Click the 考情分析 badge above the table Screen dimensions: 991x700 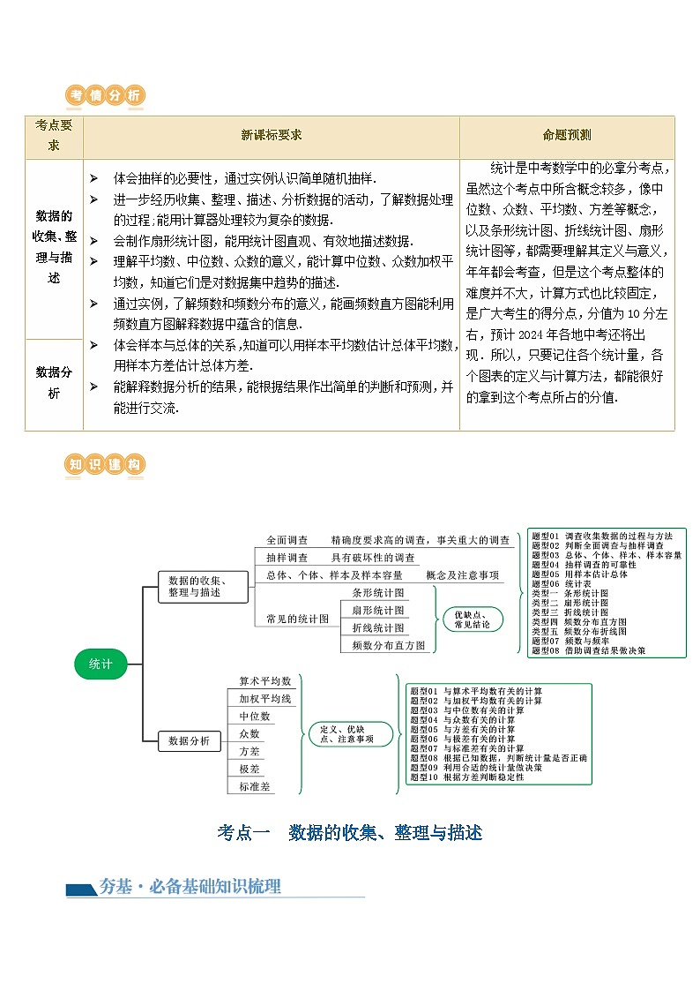tap(106, 96)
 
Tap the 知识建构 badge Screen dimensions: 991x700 tap(106, 465)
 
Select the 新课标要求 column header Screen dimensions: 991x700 tap(271, 136)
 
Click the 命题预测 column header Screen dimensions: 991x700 tap(567, 136)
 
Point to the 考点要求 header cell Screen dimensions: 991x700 tap(54, 136)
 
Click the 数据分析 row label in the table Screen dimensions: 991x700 tap(54, 383)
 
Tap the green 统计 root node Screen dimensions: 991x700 tap(101, 664)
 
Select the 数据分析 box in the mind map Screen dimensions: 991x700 tap(189, 741)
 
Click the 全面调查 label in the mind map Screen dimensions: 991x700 tap(287, 540)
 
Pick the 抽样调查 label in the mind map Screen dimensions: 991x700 tap(287, 558)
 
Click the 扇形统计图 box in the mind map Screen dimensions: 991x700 tap(378, 610)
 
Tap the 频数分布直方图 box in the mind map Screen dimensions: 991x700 tap(389, 645)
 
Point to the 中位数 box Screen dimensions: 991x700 tap(255, 717)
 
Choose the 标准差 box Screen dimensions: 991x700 tap(255, 786)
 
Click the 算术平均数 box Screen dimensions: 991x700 tap(264, 681)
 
